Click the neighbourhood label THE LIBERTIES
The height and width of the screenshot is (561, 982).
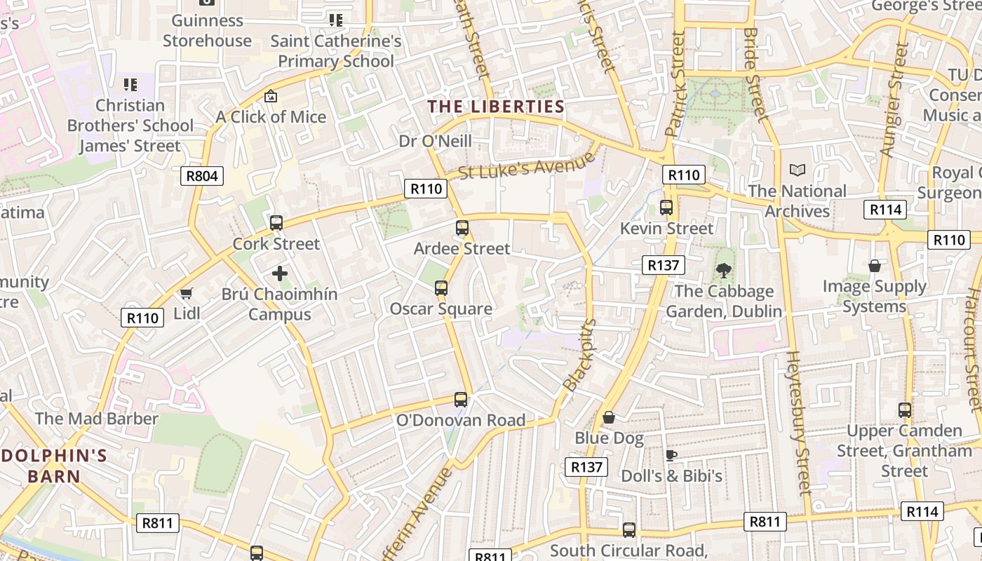(496, 107)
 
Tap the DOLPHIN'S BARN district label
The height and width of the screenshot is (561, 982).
(55, 466)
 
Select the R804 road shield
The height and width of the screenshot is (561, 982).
(202, 175)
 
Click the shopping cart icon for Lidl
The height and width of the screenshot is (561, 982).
(186, 293)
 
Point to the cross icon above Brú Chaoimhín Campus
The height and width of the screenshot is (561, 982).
(280, 273)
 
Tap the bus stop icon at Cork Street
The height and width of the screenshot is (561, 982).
(276, 223)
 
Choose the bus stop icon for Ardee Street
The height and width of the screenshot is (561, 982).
(462, 228)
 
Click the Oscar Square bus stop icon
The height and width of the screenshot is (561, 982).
(440, 288)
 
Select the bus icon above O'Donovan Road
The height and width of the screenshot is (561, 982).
(461, 400)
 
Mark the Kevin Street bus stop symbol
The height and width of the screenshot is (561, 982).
(666, 208)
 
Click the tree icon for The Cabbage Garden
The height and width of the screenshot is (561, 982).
(723, 270)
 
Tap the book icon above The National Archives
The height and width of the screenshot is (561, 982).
(797, 170)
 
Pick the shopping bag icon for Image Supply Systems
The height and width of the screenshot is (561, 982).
(874, 266)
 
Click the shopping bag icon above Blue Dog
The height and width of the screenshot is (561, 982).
(609, 418)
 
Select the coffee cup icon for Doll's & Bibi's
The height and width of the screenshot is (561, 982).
(671, 455)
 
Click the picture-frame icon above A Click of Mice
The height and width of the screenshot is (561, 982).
(271, 96)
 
